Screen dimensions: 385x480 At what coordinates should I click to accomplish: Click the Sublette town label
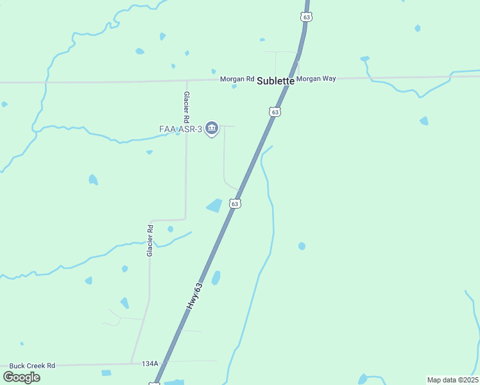coord(275,81)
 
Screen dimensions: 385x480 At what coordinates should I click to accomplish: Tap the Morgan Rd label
coord(237,79)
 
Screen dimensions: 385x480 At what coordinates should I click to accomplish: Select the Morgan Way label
coord(316,78)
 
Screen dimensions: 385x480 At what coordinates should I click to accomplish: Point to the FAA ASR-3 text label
coord(181,129)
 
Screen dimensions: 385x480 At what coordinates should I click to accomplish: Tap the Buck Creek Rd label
coord(32,365)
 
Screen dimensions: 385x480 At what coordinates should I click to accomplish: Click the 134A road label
coord(150,363)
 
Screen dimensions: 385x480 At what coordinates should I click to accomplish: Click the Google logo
coord(21,377)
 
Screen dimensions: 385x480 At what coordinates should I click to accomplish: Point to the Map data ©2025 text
coord(452,380)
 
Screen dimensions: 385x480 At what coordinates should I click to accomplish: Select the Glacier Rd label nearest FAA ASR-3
coord(186,107)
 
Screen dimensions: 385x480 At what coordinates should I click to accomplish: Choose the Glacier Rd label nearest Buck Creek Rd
coord(150,241)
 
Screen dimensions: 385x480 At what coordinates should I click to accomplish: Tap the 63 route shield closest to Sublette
coord(275,112)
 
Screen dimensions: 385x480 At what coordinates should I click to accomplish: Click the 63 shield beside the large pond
coord(236,203)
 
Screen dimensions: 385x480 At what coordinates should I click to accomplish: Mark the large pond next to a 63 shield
coord(214,205)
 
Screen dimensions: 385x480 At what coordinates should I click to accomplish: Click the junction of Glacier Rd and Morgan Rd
coord(187,81)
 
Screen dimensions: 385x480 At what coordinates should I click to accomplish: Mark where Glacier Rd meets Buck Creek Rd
coord(132,363)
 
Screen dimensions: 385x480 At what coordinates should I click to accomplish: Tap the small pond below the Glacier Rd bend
coord(170,229)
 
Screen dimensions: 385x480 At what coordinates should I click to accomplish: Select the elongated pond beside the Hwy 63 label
coord(216,278)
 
